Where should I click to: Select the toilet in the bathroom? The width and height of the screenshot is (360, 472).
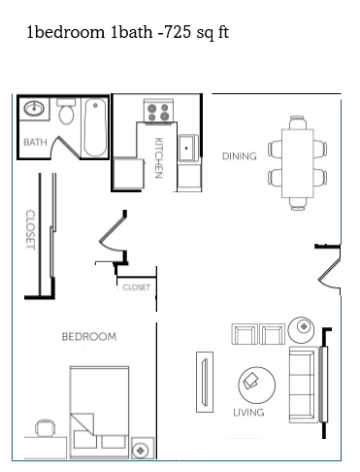click(x=66, y=114)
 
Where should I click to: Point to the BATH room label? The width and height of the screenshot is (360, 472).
click(x=35, y=143)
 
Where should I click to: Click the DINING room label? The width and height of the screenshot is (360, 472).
click(x=239, y=155)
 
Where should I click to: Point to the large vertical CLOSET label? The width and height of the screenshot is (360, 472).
click(x=30, y=231)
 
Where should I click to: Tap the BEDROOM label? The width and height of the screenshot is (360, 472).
click(x=89, y=337)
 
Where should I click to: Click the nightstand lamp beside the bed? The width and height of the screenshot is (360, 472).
click(x=141, y=450)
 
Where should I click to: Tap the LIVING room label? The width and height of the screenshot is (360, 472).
click(x=248, y=413)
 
